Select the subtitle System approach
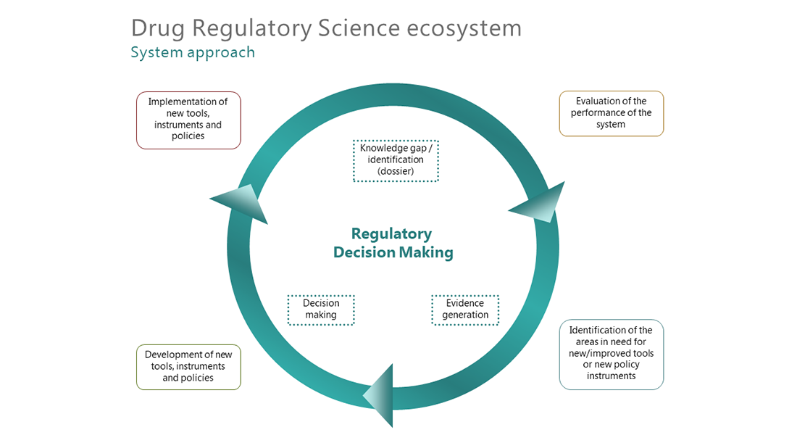[193, 52]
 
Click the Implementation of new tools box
[188, 120]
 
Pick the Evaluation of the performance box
[611, 113]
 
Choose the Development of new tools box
[188, 366]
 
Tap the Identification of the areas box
[611, 354]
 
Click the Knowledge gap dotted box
[396, 160]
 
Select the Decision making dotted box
[320, 310]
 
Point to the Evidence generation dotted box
[465, 310]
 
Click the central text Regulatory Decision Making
[392, 243]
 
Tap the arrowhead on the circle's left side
[241, 203]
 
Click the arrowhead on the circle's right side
[540, 204]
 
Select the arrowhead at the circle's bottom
[380, 395]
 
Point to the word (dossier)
[396, 172]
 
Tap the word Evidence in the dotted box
[465, 304]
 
